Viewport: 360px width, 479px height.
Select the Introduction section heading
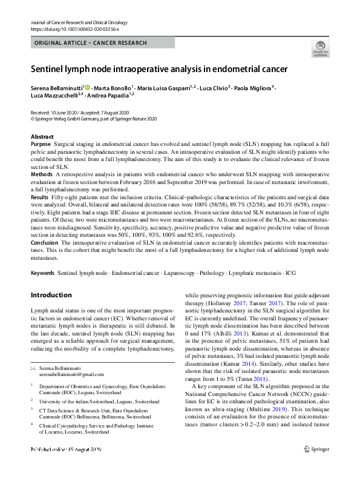coord(51,295)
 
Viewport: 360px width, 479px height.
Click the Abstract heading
coord(42,137)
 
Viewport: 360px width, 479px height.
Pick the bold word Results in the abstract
coord(40,197)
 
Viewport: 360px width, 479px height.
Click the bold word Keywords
coord(43,273)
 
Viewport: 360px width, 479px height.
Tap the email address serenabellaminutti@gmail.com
coord(67,374)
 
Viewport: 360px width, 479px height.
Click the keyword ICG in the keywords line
coord(290,273)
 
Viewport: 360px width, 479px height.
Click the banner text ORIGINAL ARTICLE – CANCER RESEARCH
coord(91,43)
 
